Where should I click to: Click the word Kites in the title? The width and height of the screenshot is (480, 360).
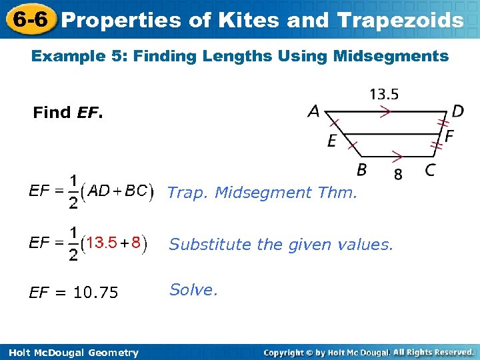click(x=247, y=20)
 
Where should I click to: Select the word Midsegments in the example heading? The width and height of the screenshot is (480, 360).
click(x=401, y=56)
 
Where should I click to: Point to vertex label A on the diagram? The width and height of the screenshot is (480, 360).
click(x=313, y=112)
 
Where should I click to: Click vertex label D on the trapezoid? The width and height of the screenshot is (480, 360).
click(x=457, y=111)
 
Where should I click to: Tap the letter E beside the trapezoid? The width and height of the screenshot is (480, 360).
click(x=331, y=141)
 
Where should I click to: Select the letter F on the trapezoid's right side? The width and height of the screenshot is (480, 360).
click(x=449, y=136)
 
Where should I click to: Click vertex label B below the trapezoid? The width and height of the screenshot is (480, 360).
click(x=361, y=170)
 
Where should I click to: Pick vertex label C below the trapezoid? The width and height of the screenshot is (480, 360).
click(x=431, y=170)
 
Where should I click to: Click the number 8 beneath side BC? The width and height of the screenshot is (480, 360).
click(x=398, y=175)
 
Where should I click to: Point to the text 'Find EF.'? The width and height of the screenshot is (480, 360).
click(x=68, y=113)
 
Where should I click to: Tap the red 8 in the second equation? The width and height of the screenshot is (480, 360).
click(x=136, y=242)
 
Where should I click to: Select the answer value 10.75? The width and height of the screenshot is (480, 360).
click(x=95, y=293)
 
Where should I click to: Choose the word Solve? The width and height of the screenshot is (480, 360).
click(x=193, y=290)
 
